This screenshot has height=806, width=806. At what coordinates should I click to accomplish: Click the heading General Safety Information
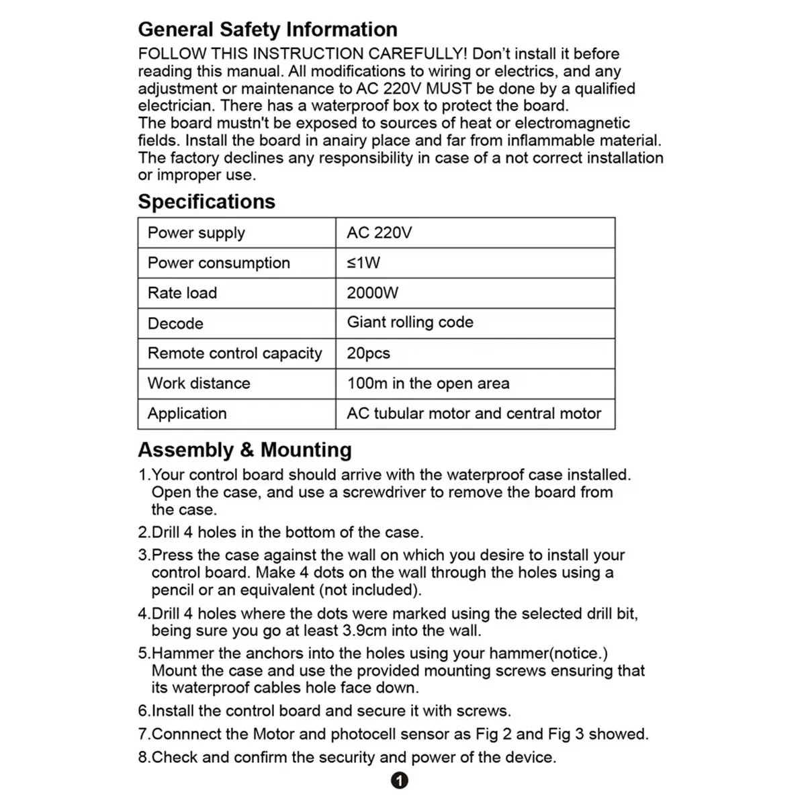click(267, 30)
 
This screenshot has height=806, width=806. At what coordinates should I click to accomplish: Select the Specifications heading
click(206, 201)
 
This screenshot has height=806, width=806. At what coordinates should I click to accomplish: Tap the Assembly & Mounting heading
click(244, 449)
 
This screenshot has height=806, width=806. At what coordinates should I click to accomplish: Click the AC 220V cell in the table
click(379, 233)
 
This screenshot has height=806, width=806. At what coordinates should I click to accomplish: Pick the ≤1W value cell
click(363, 263)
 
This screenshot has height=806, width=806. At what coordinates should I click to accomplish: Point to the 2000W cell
click(372, 293)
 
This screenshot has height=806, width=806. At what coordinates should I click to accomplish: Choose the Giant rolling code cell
click(410, 322)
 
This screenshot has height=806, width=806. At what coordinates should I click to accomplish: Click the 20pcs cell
click(368, 353)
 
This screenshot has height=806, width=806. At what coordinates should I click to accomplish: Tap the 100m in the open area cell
click(428, 384)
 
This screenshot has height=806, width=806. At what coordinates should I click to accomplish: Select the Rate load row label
click(182, 293)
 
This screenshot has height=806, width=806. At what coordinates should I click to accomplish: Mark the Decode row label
click(175, 323)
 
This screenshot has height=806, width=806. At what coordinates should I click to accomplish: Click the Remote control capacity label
click(234, 353)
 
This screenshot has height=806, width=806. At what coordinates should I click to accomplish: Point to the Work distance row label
click(199, 384)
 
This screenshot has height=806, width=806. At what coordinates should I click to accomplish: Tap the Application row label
click(187, 414)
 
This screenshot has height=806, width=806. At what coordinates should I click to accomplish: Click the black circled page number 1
click(399, 780)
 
